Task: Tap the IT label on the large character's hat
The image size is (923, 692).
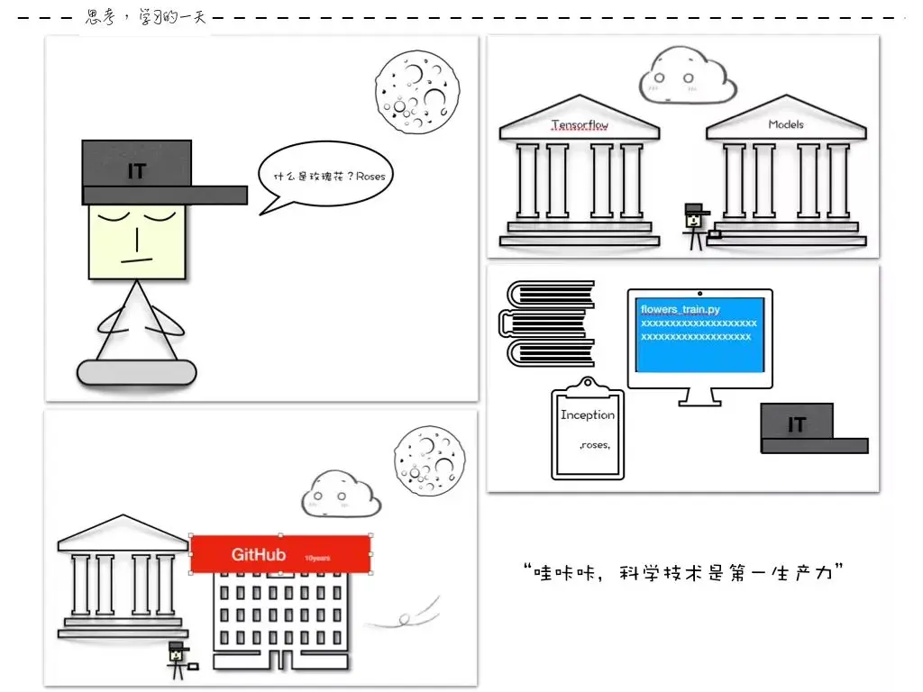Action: pos(136,170)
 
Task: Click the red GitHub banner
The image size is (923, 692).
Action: pos(280,554)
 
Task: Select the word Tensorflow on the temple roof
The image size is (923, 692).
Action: pos(580,125)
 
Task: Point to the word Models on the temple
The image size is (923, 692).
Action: pos(785,124)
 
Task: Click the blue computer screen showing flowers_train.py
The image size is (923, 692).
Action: pos(699,333)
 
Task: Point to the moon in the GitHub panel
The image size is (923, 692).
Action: pos(429,460)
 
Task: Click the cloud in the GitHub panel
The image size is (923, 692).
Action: pos(341,494)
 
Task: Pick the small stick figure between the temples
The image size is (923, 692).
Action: pos(695,225)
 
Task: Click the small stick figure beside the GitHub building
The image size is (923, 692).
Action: pos(178,660)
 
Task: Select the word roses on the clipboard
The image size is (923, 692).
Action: pos(595,445)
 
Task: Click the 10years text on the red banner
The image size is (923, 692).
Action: pos(316,558)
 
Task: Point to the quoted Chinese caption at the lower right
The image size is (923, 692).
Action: pos(682,573)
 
